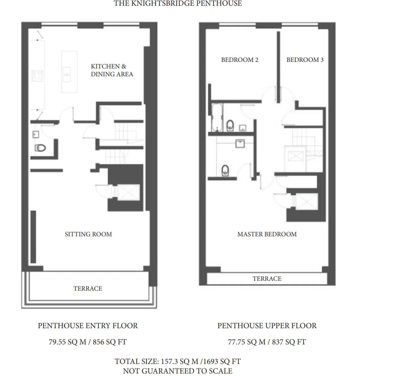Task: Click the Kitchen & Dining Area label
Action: [x=112, y=70]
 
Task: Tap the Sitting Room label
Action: [x=88, y=234]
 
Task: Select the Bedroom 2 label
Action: [x=240, y=60]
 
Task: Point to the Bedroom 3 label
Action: [x=305, y=60]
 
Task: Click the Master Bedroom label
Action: [x=267, y=234]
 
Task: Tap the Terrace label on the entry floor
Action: [x=88, y=288]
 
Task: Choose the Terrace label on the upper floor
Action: [x=267, y=279]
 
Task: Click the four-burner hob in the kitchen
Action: [x=37, y=76]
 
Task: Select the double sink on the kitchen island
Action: [x=67, y=75]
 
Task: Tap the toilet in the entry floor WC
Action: [x=40, y=148]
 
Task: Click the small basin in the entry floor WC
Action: [x=36, y=134]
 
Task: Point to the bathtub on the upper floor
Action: [x=217, y=118]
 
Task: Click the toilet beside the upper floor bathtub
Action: [x=230, y=125]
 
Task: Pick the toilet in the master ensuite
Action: [x=225, y=170]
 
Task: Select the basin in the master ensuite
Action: [x=240, y=143]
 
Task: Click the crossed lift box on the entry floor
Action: [x=129, y=192]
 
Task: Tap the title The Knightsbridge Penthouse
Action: [x=178, y=4]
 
